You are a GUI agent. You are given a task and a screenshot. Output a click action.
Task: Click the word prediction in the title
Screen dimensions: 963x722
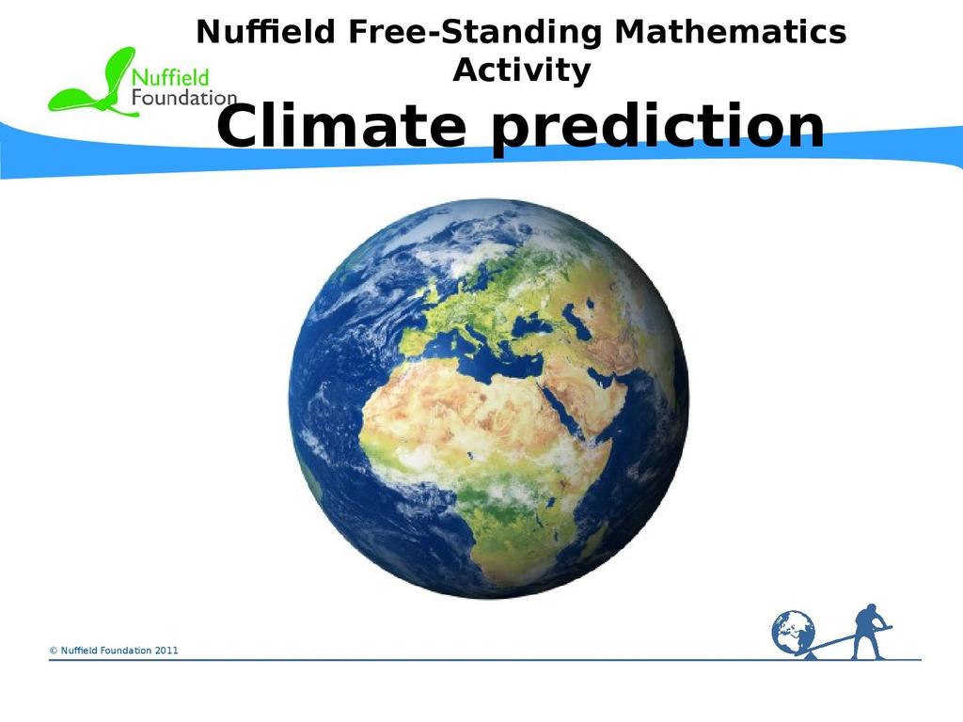coord(657,129)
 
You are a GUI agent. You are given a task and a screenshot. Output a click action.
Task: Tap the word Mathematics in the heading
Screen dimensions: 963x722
coord(730,32)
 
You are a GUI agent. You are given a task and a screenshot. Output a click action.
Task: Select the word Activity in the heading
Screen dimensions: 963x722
coord(521,70)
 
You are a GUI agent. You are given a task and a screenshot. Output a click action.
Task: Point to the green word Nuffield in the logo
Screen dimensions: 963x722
coord(171,77)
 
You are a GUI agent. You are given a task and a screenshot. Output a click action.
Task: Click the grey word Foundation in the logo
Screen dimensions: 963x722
coord(184,98)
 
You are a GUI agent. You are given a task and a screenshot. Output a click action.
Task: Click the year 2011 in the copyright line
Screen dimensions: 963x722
coord(166,651)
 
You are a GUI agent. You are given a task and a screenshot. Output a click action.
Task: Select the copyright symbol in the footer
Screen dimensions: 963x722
coord(54,651)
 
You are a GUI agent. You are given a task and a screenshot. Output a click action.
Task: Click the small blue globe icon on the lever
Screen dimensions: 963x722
coord(793,633)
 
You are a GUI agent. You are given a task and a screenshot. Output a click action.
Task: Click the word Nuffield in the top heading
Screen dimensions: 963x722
coord(265,32)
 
